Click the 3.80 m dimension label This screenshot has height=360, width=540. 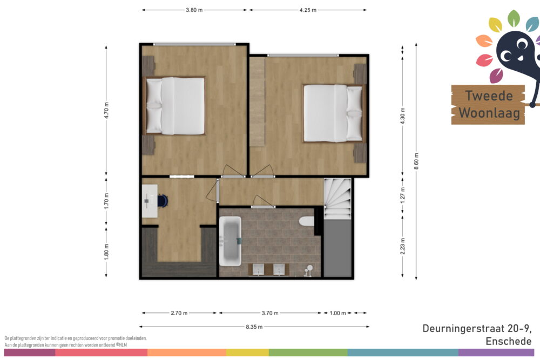pyautogui.click(x=194, y=10)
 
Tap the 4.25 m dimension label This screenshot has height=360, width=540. pyautogui.click(x=308, y=10)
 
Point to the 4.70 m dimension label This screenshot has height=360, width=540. pyautogui.click(x=106, y=111)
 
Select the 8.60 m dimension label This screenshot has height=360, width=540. pyautogui.click(x=416, y=161)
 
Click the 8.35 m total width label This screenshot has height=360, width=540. pyautogui.click(x=254, y=327)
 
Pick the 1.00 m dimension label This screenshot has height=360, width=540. pyautogui.click(x=337, y=313)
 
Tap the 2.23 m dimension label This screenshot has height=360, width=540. pyautogui.click(x=403, y=247)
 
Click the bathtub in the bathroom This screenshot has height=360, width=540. pyautogui.click(x=230, y=241)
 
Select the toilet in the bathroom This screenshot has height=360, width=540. pyautogui.click(x=307, y=221)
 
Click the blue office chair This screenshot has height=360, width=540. pyautogui.click(x=163, y=201)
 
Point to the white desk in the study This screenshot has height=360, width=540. pyautogui.click(x=150, y=201)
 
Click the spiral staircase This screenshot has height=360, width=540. pyautogui.click(x=337, y=198)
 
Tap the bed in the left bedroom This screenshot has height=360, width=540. pyautogui.click(x=174, y=106)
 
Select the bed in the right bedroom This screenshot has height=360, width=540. pyautogui.click(x=334, y=113)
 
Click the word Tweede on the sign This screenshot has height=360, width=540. pyautogui.click(x=489, y=96)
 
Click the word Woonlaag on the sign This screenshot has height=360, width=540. pyautogui.click(x=489, y=113)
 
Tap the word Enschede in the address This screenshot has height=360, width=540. pyautogui.click(x=509, y=341)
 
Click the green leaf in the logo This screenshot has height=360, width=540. pyautogui.click(x=514, y=18)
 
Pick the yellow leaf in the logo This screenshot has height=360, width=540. pyautogui.click(x=496, y=25)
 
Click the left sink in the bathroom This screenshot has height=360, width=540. pyautogui.click(x=258, y=269)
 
